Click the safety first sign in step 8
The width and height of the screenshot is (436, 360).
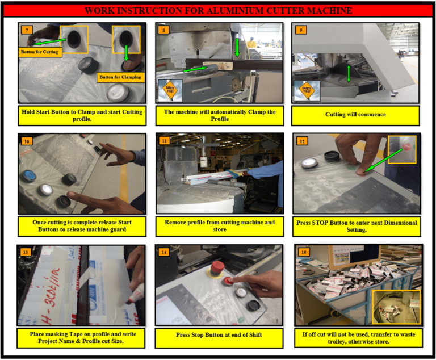(x=170, y=90)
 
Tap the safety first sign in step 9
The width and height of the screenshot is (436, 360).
(x=307, y=90)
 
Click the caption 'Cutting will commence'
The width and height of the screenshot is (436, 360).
(x=355, y=115)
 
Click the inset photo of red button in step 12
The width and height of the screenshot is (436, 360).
(x=401, y=149)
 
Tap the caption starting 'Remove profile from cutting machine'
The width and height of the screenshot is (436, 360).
(x=219, y=226)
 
